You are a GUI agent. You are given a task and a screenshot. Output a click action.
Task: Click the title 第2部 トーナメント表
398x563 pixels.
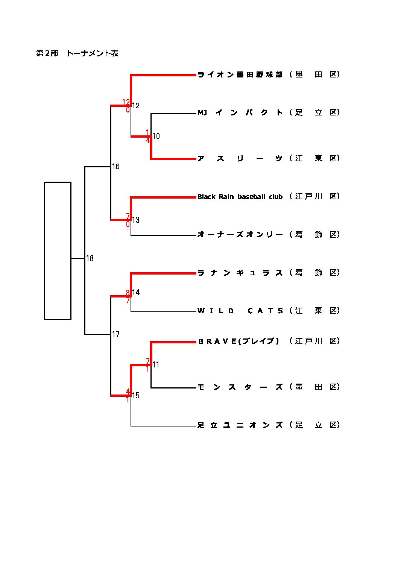coord(77,53)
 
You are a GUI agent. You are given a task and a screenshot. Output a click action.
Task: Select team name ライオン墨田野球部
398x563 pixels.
coord(240,74)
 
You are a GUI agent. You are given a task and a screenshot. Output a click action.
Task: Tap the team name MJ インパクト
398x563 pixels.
coord(240,112)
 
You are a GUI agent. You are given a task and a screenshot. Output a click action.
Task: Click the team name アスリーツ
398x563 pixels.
coord(240,158)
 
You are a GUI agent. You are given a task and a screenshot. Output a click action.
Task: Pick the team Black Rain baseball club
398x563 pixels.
coord(240,197)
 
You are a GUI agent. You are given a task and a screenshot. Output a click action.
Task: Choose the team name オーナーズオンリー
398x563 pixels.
coord(240,235)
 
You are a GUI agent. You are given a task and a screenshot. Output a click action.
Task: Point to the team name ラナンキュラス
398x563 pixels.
coord(240,273)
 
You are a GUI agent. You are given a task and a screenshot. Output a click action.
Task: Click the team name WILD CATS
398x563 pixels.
coord(240,311)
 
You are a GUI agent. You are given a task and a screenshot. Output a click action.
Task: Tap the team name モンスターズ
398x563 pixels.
coord(240,387)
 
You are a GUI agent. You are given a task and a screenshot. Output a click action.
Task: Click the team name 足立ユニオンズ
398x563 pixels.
coord(240,425)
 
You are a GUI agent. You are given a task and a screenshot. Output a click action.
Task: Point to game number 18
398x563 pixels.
coord(90,258)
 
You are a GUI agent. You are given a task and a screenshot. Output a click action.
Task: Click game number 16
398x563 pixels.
coord(116,167)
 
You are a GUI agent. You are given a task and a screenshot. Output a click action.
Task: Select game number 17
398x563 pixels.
coord(116,334)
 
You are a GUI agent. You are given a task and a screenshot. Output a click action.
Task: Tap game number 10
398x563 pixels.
coord(156,136)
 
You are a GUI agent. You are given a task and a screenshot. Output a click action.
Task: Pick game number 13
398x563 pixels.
coord(136,220)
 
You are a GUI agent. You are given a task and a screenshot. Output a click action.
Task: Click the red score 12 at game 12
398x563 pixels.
coord(126,102)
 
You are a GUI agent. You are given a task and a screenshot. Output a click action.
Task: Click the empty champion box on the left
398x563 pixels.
coord(58,250)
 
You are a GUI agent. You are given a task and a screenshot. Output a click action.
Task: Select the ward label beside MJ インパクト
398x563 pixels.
coord(315,112)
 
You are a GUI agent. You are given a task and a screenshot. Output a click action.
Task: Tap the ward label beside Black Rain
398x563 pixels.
coord(315,196)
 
